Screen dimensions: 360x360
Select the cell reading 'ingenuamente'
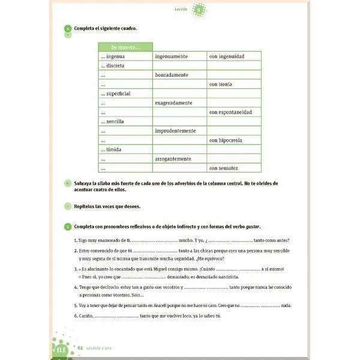172,56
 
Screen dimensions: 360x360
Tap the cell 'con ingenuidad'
226,56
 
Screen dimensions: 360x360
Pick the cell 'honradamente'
172,75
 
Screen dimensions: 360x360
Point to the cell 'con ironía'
221,85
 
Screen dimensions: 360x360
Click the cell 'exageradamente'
174,103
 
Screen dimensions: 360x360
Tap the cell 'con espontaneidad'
230,112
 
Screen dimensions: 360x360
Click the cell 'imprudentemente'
175,131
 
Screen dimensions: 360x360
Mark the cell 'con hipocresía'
226,140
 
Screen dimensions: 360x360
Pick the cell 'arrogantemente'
173,159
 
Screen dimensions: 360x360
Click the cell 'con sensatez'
224,168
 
